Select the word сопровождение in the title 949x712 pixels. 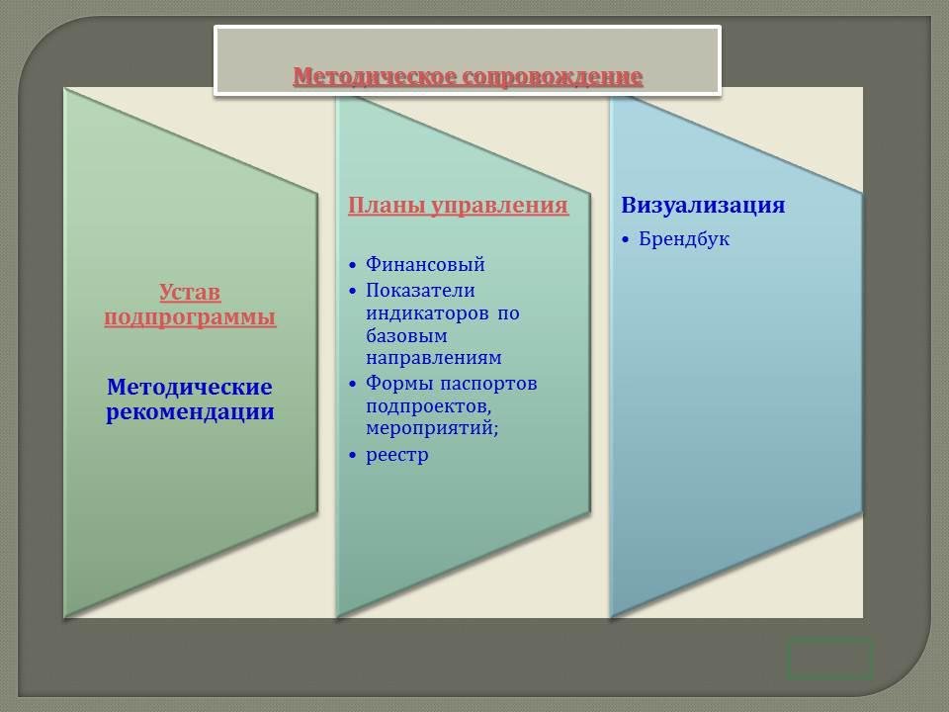coord(553,77)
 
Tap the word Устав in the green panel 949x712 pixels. coord(190,293)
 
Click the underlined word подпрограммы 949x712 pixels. coord(190,317)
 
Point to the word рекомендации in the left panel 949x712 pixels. coord(190,413)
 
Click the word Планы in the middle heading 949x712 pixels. coord(387,206)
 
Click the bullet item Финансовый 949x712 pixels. coord(425,265)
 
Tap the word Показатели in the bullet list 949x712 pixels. coord(420,291)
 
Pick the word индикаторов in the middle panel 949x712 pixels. coord(427,313)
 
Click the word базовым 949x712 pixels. coord(406,335)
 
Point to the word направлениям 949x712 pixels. coord(433,358)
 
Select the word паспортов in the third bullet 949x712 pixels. coord(488,384)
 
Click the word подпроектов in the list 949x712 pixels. coord(428,406)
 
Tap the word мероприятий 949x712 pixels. coord(432,428)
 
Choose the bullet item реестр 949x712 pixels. coord(397,455)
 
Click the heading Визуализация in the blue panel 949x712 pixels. coord(703,206)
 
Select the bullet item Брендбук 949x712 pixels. coord(684,239)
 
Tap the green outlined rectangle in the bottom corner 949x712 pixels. coord(829,659)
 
